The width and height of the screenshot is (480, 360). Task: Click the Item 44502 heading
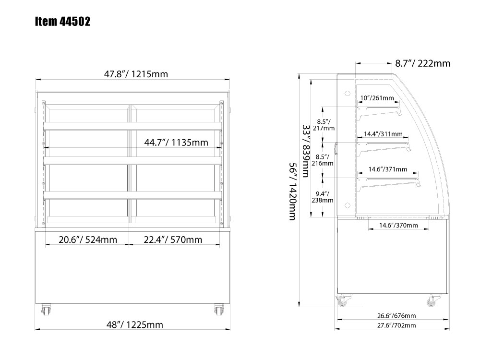pyautogui.click(x=62, y=22)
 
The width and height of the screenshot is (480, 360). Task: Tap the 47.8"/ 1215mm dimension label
pyautogui.click(x=136, y=74)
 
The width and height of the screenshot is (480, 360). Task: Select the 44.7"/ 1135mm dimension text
pyautogui.click(x=176, y=143)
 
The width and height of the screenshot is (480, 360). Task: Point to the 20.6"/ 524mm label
pyautogui.click(x=88, y=240)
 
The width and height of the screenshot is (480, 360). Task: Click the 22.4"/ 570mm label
pyautogui.click(x=173, y=240)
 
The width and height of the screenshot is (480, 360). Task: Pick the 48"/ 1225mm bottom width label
pyautogui.click(x=135, y=324)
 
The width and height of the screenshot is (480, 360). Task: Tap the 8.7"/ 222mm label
pyautogui.click(x=423, y=63)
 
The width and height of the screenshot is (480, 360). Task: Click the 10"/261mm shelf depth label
pyautogui.click(x=377, y=98)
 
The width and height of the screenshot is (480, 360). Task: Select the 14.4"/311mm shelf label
pyautogui.click(x=383, y=134)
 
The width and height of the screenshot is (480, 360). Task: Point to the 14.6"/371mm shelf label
pyautogui.click(x=387, y=169)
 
